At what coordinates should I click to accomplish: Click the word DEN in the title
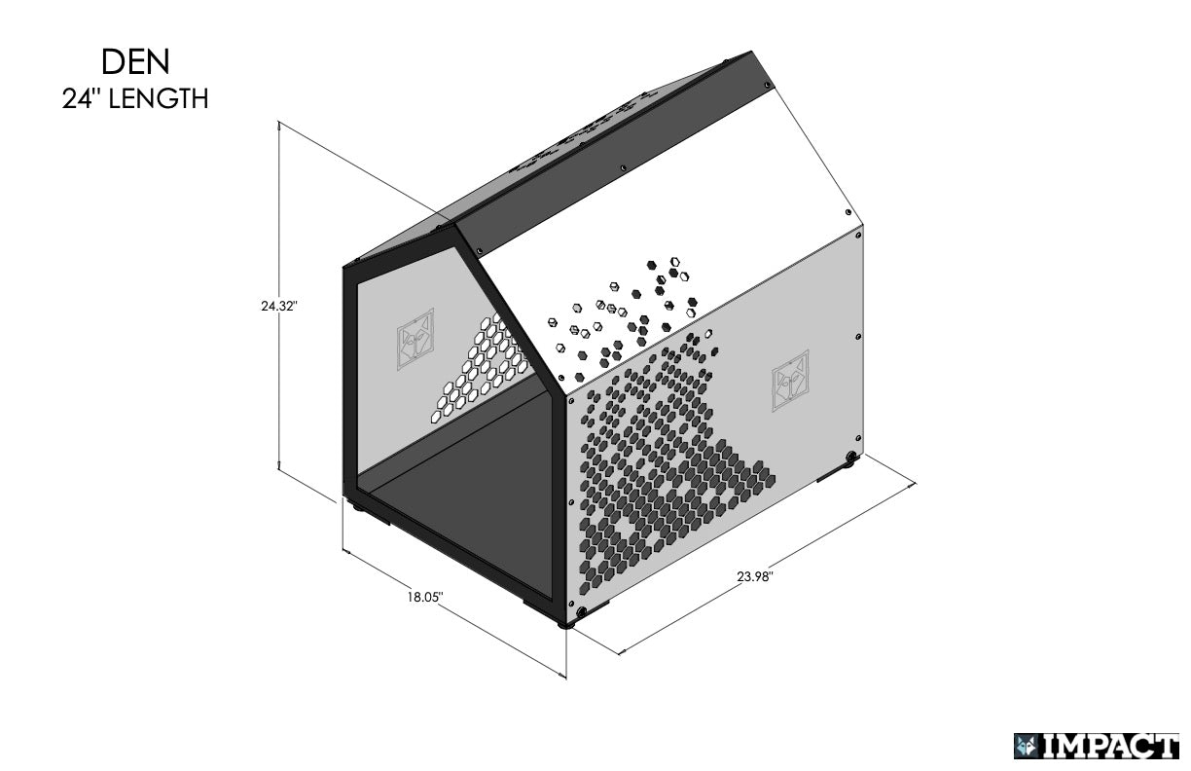pyautogui.click(x=135, y=61)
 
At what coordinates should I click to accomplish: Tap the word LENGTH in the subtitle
pyautogui.click(x=158, y=98)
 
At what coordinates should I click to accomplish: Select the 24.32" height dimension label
pyautogui.click(x=278, y=306)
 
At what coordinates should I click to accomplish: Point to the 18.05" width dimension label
pyautogui.click(x=425, y=596)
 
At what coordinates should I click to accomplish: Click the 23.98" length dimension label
pyautogui.click(x=754, y=576)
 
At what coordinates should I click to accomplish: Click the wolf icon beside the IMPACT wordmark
pyautogui.click(x=1026, y=747)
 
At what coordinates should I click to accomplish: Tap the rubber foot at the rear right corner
pyautogui.click(x=852, y=458)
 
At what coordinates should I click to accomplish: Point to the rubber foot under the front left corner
pyautogui.click(x=357, y=506)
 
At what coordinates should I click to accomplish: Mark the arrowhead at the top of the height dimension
pyautogui.click(x=280, y=124)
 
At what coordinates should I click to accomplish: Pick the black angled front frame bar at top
pyautogui.click(x=506, y=312)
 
